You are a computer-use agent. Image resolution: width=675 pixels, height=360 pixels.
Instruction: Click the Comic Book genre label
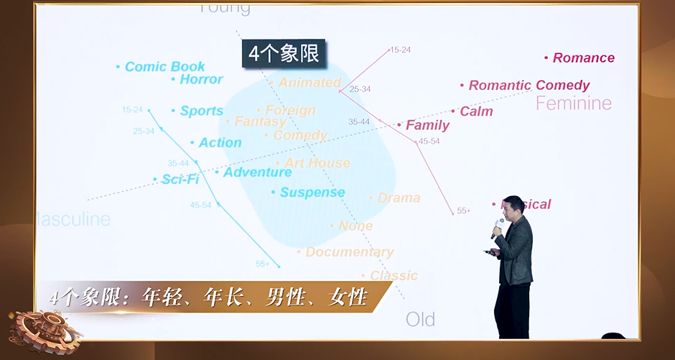coord(164,67)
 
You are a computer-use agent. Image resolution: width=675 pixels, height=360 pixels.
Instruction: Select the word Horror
coord(201,79)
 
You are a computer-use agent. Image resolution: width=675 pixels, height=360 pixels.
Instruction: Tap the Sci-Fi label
coord(180,179)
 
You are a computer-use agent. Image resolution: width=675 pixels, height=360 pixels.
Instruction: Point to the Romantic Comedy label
coord(529,86)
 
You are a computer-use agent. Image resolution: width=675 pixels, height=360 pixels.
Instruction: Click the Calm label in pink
coord(476,111)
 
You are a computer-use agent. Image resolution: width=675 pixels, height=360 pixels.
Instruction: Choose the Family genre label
coord(427,125)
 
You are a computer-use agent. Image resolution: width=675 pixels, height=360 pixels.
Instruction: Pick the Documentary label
coord(349,252)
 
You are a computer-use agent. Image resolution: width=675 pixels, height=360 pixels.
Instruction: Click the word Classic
coord(394,276)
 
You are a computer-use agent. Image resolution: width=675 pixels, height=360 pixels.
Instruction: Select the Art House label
coord(317,163)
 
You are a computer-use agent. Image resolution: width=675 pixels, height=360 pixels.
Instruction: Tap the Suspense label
coord(312,193)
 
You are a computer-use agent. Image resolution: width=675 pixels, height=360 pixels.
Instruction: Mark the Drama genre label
coord(399,198)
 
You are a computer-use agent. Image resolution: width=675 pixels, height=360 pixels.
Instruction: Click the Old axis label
coord(420,319)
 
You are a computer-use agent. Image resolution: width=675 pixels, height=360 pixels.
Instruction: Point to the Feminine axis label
coord(574,103)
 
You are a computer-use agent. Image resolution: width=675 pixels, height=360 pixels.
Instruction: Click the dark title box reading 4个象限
coord(283,54)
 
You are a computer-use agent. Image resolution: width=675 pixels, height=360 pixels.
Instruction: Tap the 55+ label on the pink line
coord(463,211)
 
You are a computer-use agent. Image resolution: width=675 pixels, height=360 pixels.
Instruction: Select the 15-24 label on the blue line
coord(132,110)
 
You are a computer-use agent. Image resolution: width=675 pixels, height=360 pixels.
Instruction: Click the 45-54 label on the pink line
coord(429,142)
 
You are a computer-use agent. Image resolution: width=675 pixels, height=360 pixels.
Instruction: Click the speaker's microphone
coord(496,228)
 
